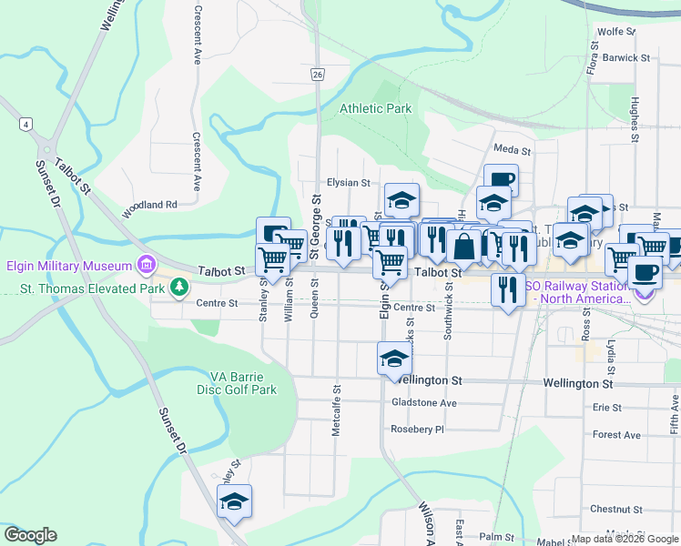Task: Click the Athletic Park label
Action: [x=375, y=108]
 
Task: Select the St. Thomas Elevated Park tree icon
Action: [x=180, y=288]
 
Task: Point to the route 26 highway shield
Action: [x=316, y=75]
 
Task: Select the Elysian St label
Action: [x=348, y=182]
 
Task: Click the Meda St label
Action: [x=512, y=149]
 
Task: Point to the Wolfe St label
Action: [x=615, y=31]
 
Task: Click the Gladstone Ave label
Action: [x=423, y=401]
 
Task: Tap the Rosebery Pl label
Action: [x=416, y=429]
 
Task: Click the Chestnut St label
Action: [x=616, y=509]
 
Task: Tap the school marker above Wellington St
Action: [x=394, y=358]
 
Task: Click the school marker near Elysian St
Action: [x=401, y=199]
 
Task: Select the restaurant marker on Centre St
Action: [x=506, y=289]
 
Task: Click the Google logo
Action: [x=30, y=535]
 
